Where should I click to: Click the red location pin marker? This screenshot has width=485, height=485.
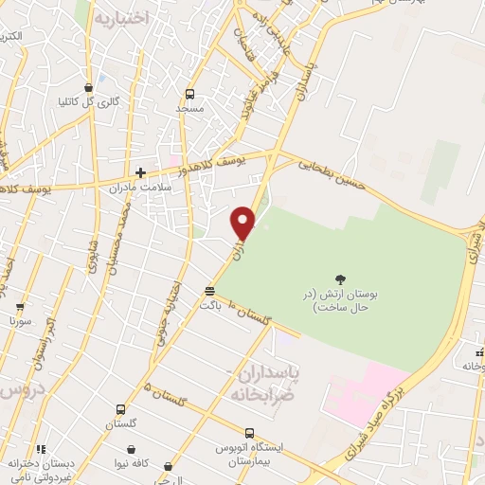click(x=243, y=223)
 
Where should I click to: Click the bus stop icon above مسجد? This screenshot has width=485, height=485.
click(x=189, y=94)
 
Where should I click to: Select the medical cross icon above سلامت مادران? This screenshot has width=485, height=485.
click(x=140, y=172)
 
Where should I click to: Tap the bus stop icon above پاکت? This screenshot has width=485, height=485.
click(x=209, y=291)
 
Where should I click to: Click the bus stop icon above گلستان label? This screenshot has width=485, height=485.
click(x=120, y=410)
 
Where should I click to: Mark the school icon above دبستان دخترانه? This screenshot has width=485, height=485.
click(x=40, y=449)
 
